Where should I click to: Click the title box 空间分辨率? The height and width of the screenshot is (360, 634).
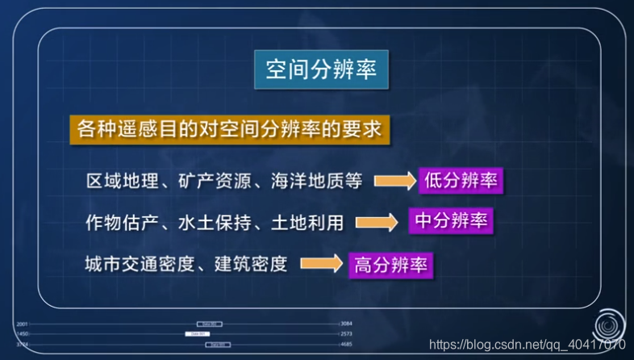321,70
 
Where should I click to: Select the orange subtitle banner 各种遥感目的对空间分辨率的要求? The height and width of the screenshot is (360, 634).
230,129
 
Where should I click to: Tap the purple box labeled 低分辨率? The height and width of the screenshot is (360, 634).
460,180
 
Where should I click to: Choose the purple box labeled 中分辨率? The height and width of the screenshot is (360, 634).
451,221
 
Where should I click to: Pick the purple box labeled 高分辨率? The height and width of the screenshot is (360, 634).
390,263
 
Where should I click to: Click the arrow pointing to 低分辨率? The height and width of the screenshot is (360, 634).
393,181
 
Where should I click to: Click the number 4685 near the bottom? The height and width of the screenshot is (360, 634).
347,344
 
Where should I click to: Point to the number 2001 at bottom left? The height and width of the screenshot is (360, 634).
22,324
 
